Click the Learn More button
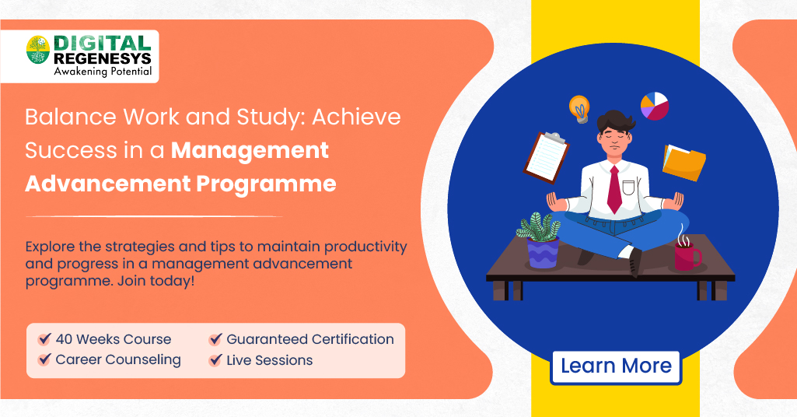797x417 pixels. pos(616,366)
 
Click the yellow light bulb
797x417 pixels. pos(579,108)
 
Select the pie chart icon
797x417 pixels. pos(654,106)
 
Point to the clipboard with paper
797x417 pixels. pos(547,156)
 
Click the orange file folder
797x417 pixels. pos(683,162)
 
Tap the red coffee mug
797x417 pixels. pos(687,255)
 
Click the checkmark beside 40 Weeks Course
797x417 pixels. pos(44,340)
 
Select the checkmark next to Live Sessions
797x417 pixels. pos(215,361)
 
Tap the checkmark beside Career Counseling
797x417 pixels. pos(44,361)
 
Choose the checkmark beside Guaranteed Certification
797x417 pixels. pos(215,340)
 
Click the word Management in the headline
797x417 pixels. pos(250,150)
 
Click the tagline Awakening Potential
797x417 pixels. pos(102,72)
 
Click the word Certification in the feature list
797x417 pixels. pos(353,339)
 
